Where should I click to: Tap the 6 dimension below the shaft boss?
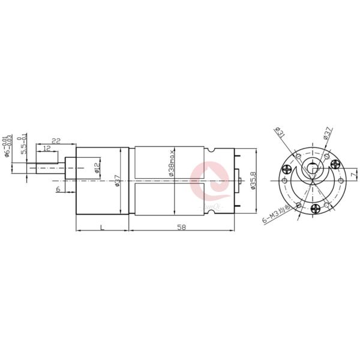[58, 190]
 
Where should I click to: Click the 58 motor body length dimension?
[181, 227]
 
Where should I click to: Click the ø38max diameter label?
[172, 162]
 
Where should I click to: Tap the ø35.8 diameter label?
[254, 179]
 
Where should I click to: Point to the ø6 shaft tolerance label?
[7, 148]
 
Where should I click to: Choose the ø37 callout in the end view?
[328, 134]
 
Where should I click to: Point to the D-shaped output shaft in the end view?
[312, 171]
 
